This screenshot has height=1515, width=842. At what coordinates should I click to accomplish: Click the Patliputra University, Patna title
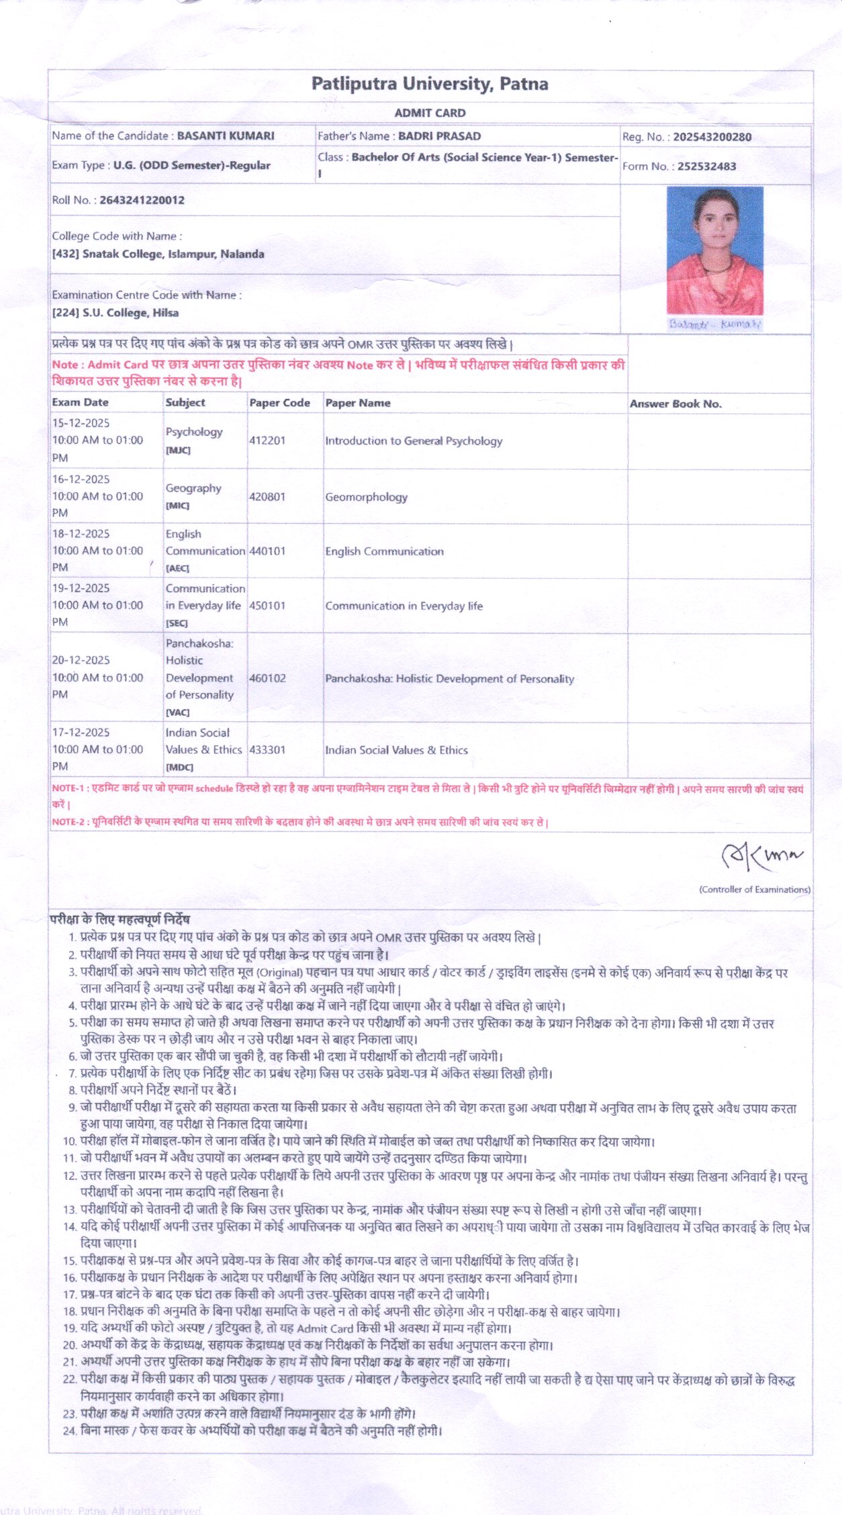tap(430, 84)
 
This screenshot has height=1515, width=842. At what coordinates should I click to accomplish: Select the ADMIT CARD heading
tap(430, 113)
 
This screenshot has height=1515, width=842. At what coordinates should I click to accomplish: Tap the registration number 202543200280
tap(712, 137)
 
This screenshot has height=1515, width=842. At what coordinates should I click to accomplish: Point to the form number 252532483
tap(706, 166)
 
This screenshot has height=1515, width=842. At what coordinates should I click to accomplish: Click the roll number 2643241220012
tap(142, 200)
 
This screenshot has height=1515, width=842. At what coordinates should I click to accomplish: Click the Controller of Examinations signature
tap(761, 856)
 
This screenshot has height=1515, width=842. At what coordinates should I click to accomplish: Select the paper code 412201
tap(267, 441)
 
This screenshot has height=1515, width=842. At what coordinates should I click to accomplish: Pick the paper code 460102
tap(267, 678)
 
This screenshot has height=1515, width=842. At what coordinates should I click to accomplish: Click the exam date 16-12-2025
tap(81, 479)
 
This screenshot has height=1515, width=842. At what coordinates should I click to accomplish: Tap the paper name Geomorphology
tap(366, 497)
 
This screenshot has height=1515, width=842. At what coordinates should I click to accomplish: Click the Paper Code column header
tap(279, 403)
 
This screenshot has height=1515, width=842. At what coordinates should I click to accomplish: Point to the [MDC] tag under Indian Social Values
tap(179, 767)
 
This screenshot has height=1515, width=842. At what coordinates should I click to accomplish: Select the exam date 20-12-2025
tap(81, 660)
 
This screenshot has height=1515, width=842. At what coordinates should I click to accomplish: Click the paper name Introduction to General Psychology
tap(414, 441)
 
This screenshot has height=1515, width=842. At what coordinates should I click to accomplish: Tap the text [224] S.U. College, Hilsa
tap(115, 313)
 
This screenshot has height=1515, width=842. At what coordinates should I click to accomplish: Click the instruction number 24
tap(69, 1430)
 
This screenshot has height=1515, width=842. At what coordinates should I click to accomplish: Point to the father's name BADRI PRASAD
tap(439, 136)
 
